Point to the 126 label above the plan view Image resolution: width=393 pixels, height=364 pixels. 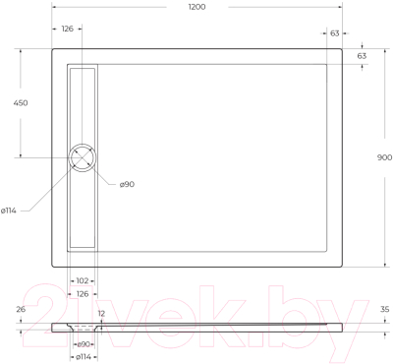(x=67, y=30)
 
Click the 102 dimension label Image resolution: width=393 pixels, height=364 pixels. (x=83, y=279)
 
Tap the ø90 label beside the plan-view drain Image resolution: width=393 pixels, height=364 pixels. (x=127, y=184)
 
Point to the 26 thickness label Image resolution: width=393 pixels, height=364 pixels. (x=21, y=310)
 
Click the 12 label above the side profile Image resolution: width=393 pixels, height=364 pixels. (x=102, y=314)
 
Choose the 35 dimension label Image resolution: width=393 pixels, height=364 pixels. (x=384, y=310)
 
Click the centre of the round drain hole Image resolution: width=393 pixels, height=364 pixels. (x=83, y=157)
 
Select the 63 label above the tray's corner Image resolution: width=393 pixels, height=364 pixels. (x=335, y=32)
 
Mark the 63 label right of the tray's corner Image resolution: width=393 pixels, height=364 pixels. (x=362, y=56)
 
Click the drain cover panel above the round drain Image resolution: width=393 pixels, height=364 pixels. (x=83, y=104)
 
